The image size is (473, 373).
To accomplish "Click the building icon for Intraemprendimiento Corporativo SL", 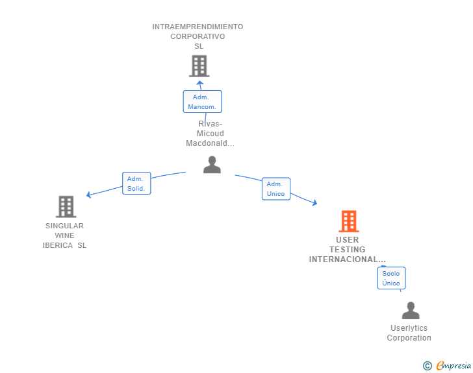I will coord(199,66).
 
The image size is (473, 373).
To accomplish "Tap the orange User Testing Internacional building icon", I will coord(349,221).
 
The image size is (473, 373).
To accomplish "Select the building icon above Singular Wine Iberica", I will coord(66,207).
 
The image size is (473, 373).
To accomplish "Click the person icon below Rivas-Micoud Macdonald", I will coord(212,165).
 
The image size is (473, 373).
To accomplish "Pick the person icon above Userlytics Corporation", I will coord(411,311).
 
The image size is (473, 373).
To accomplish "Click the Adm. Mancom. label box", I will coord(202,102).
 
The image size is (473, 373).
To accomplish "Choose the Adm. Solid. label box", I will coord(136,184).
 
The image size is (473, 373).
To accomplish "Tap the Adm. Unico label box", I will coord(275,189).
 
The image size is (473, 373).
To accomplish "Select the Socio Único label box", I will coord(391,278).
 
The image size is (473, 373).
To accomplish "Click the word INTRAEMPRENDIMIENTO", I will coord(198,27).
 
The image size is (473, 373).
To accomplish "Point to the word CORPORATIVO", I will coord(198,36).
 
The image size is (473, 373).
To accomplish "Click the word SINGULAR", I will coord(64,226).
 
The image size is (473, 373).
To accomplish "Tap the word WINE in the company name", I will coord(64,235).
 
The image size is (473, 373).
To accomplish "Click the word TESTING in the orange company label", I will coord(347,250).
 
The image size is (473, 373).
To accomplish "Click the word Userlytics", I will coord(409,328).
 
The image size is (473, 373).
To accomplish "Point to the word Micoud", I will coord(210,134).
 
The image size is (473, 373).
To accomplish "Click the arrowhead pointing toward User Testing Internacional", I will coord(315,204).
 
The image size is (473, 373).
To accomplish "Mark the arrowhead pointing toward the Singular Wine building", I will coord(89,195).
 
